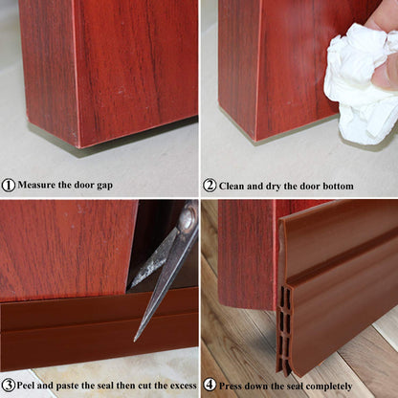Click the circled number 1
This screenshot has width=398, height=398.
9,186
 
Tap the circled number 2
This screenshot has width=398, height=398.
210,186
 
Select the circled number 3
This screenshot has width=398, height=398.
9,387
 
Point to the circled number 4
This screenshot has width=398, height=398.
210,387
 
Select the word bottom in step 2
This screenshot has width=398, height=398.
334,186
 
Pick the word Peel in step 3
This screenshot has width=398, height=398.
30,387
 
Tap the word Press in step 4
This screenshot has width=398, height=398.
233,387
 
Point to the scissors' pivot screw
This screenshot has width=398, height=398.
187,220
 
